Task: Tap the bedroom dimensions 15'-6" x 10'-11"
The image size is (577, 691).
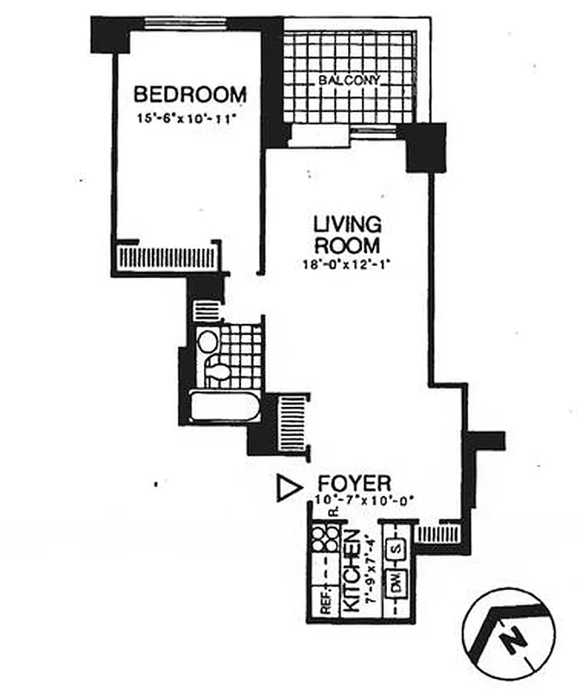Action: [x=185, y=117]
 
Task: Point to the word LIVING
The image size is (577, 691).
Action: [x=346, y=225]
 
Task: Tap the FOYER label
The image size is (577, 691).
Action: [x=355, y=482]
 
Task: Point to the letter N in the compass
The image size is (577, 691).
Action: [x=514, y=640]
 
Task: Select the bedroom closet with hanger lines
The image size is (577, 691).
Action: [x=168, y=257]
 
